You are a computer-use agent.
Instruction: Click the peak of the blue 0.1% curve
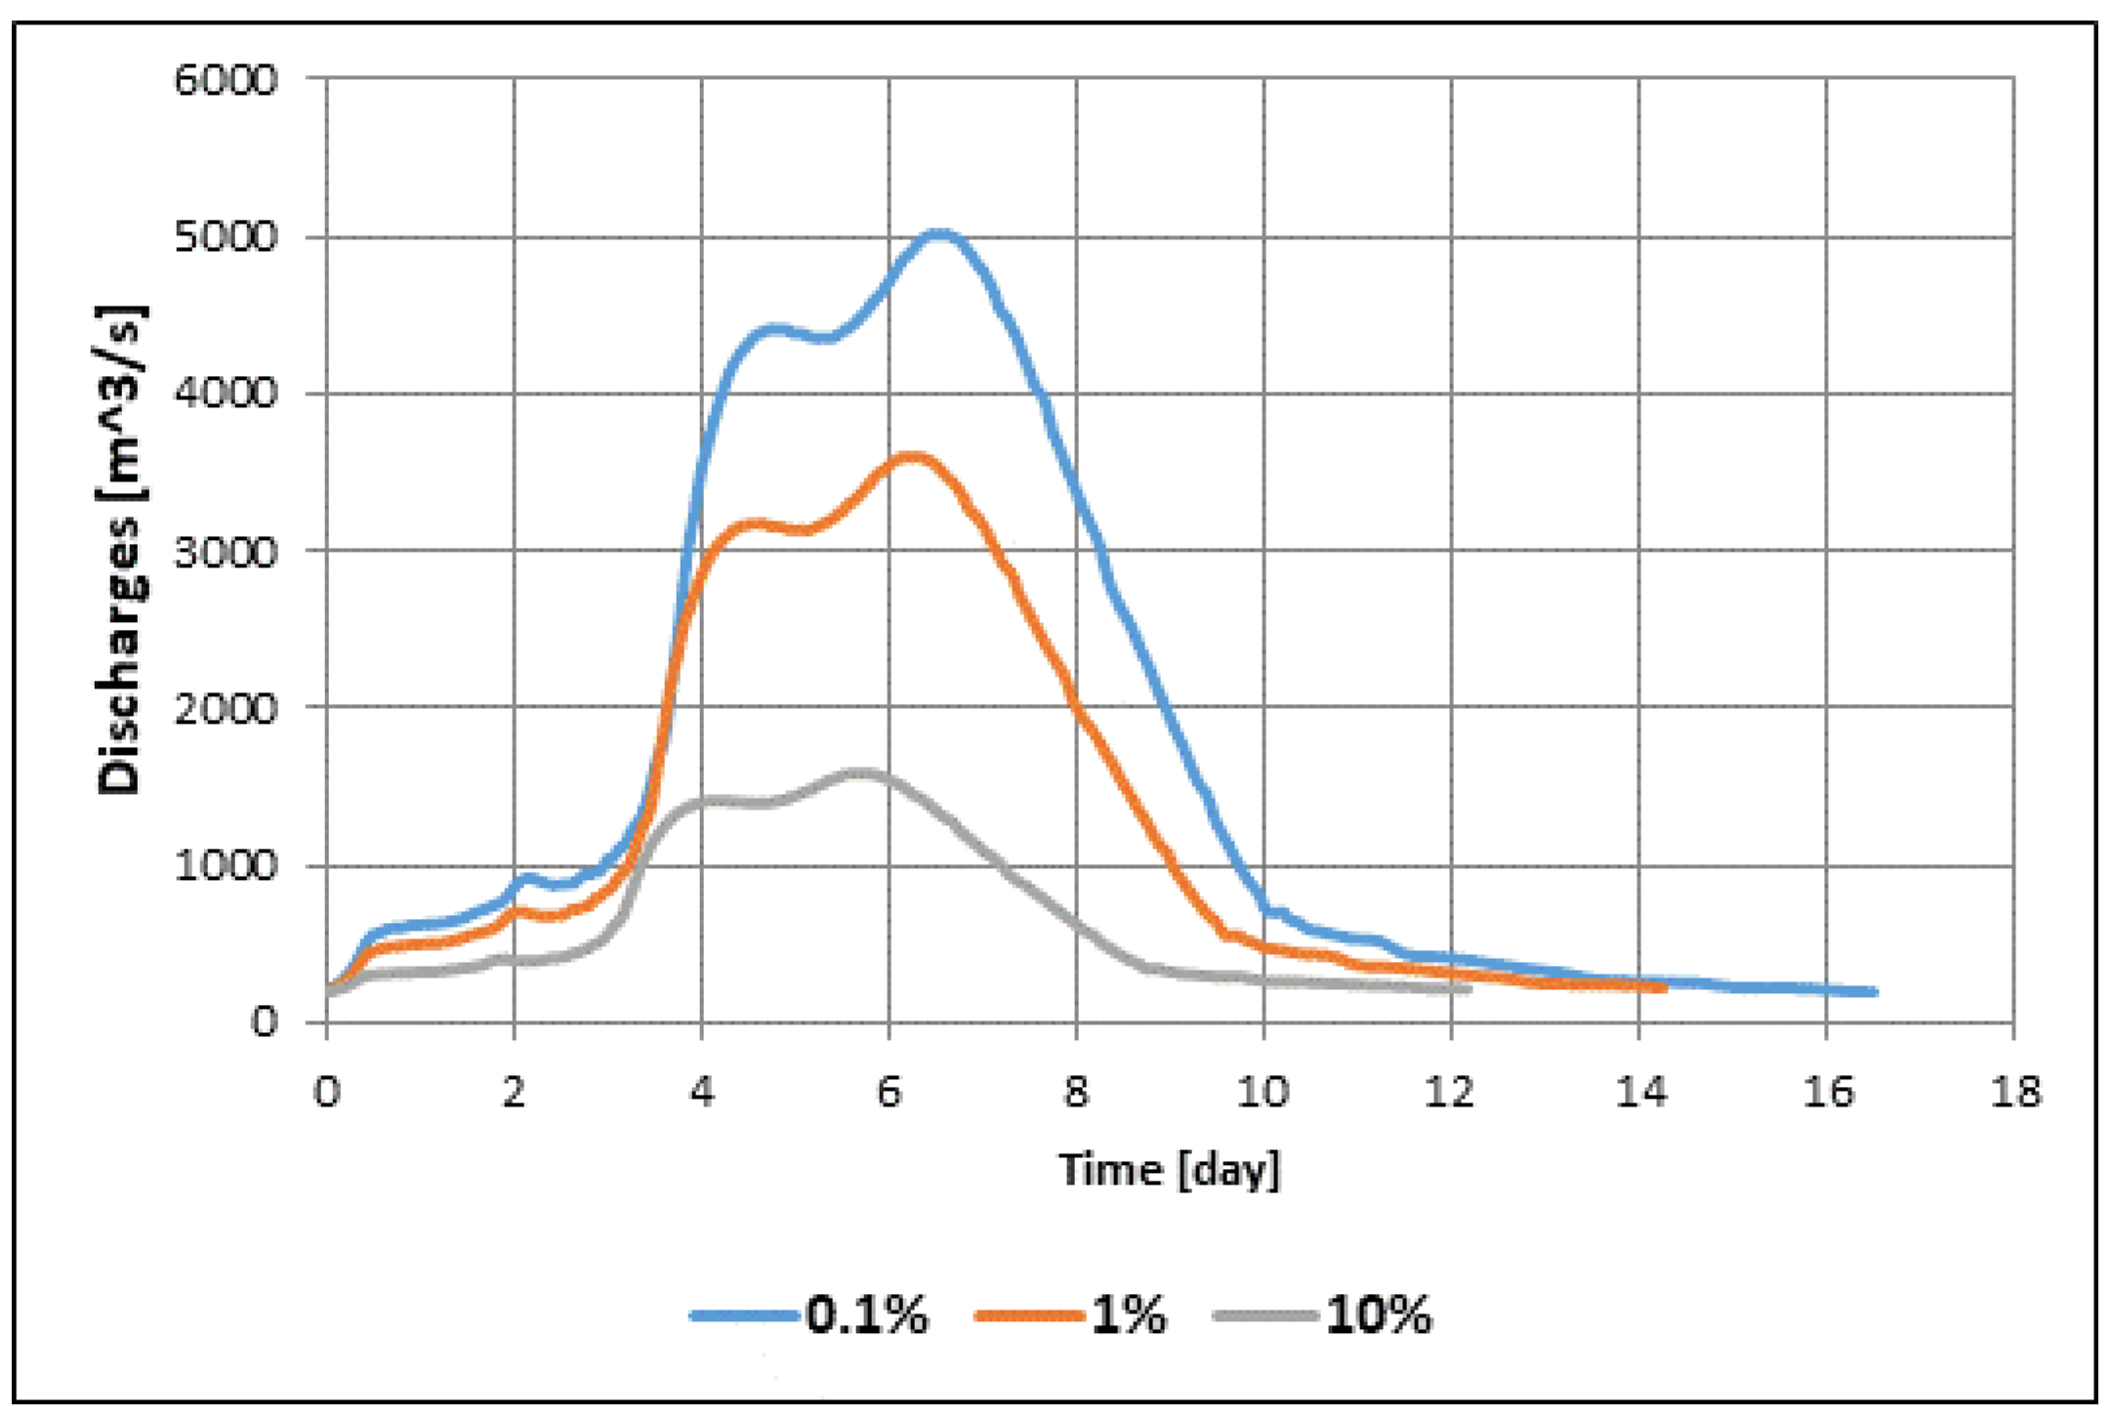point(938,232)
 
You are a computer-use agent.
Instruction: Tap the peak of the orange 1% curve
point(913,456)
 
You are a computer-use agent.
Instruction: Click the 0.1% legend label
point(867,1314)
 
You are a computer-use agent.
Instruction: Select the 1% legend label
point(1129,1314)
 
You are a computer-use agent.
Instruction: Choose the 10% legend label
point(1379,1314)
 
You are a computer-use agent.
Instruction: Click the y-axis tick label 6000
point(226,79)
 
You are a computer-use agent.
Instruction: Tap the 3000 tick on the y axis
point(226,552)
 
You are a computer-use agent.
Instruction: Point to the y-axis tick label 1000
point(226,865)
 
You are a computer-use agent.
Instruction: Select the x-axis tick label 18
point(2014,1092)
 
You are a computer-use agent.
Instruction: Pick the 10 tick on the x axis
point(1263,1092)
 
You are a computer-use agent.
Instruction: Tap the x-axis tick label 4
point(701,1092)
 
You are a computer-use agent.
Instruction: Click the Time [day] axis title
point(1169,1170)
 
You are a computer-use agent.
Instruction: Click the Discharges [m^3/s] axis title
point(121,550)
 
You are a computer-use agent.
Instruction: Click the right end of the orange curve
point(1664,988)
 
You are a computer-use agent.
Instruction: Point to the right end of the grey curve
point(1469,989)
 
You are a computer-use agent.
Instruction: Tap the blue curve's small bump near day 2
point(527,877)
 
